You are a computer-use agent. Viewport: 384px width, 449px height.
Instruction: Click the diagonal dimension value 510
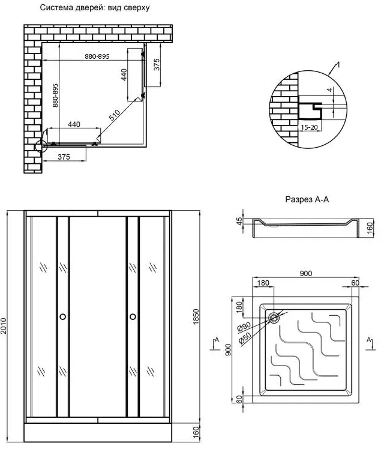coord(115,115)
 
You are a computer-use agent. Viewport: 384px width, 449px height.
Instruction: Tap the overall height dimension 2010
coord(4,325)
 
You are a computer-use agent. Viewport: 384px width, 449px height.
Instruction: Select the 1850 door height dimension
coord(196,317)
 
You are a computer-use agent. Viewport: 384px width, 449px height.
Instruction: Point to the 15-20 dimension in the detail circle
coord(310,127)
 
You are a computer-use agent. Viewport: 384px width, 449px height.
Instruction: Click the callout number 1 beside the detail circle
coord(338,65)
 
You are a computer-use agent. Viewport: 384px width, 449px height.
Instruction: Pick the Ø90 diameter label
coord(244,327)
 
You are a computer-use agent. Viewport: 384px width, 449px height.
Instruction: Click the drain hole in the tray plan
coord(274,318)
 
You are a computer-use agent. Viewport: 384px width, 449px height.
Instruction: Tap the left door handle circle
coord(62,316)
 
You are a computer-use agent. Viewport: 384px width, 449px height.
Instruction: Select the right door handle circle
coord(133,316)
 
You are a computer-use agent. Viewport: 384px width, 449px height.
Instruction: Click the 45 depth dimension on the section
coord(239,221)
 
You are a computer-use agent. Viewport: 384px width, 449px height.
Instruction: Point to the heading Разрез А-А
coord(307,199)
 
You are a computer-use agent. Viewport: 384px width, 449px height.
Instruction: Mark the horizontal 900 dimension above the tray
coord(306,274)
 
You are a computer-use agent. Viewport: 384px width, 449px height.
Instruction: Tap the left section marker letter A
coord(217,340)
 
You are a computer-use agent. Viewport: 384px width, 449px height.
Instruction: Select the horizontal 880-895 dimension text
coord(97,56)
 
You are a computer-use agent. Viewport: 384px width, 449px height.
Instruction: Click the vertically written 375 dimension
coord(157,64)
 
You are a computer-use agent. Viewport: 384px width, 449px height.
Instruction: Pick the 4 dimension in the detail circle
coord(330,90)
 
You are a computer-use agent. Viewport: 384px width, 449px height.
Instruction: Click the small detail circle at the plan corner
coord(40,146)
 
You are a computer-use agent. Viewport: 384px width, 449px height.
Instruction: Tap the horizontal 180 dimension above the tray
coord(263,283)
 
